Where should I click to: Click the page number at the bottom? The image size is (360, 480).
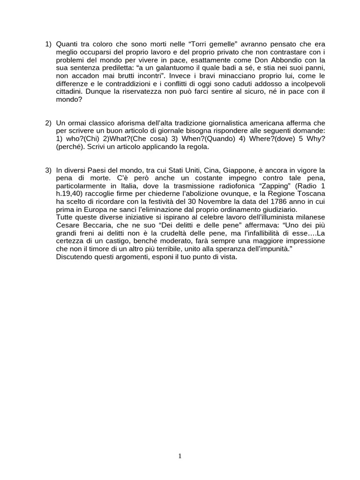pos(180,456)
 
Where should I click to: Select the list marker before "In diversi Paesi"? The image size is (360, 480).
pos(48,170)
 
